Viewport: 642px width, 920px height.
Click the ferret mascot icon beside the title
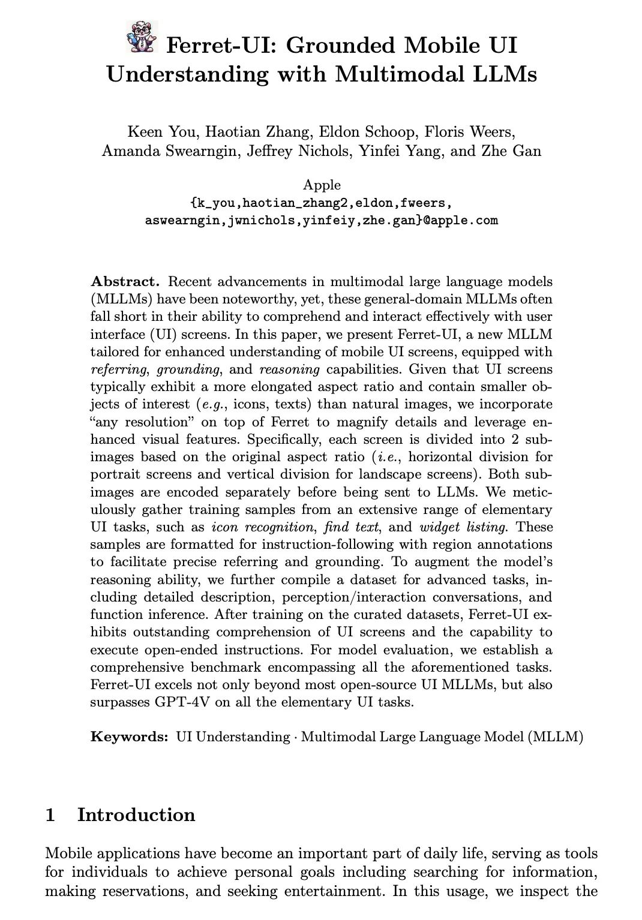click(143, 37)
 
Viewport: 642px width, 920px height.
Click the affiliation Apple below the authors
click(322, 185)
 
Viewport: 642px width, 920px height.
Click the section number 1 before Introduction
click(51, 815)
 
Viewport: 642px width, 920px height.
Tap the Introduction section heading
click(136, 815)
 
